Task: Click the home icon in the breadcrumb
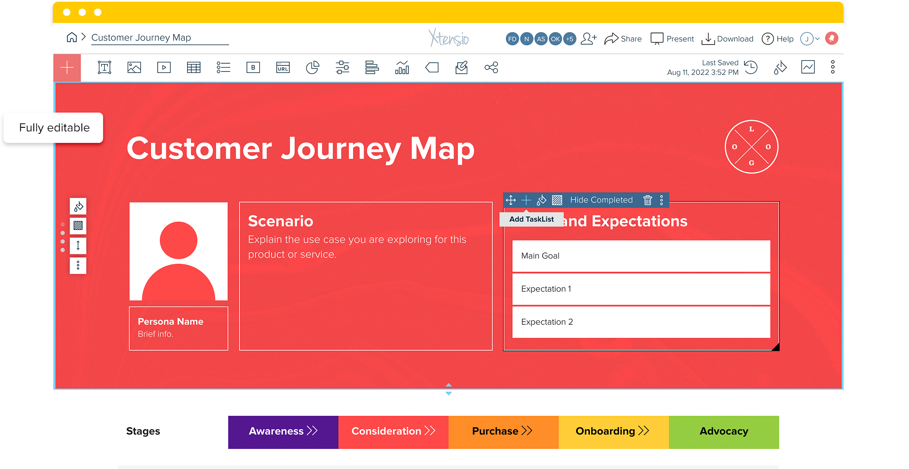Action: coord(72,38)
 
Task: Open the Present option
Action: coord(672,39)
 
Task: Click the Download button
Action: coord(728,39)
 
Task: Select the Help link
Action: coord(778,39)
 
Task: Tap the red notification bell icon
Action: coord(831,39)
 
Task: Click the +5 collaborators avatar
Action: coord(569,39)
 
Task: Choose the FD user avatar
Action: coord(512,39)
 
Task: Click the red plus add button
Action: coord(67,68)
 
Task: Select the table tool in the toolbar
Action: coord(194,68)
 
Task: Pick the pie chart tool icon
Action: coord(312,68)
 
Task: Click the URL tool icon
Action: coord(283,68)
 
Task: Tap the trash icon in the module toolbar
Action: coord(647,200)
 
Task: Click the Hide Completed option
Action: coord(601,200)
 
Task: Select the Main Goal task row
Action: coord(641,256)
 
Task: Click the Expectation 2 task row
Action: coord(641,322)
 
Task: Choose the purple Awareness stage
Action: coord(283,432)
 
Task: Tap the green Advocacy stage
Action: coord(724,432)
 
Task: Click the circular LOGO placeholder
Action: coord(751,147)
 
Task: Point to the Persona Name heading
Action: coord(171,322)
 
